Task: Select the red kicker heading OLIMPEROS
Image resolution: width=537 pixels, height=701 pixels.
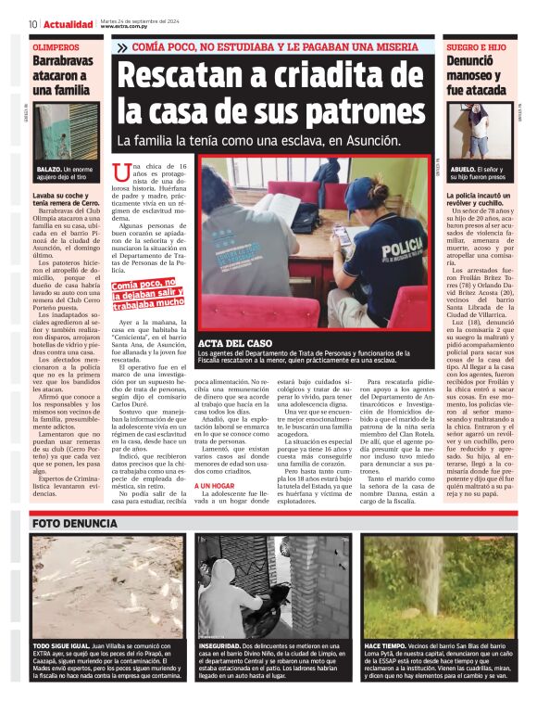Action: point(56,45)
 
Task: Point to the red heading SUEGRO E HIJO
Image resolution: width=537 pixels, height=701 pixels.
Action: point(476,45)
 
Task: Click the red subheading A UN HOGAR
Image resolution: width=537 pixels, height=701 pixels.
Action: point(214,485)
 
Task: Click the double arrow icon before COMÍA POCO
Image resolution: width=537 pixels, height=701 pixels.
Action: point(122,46)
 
